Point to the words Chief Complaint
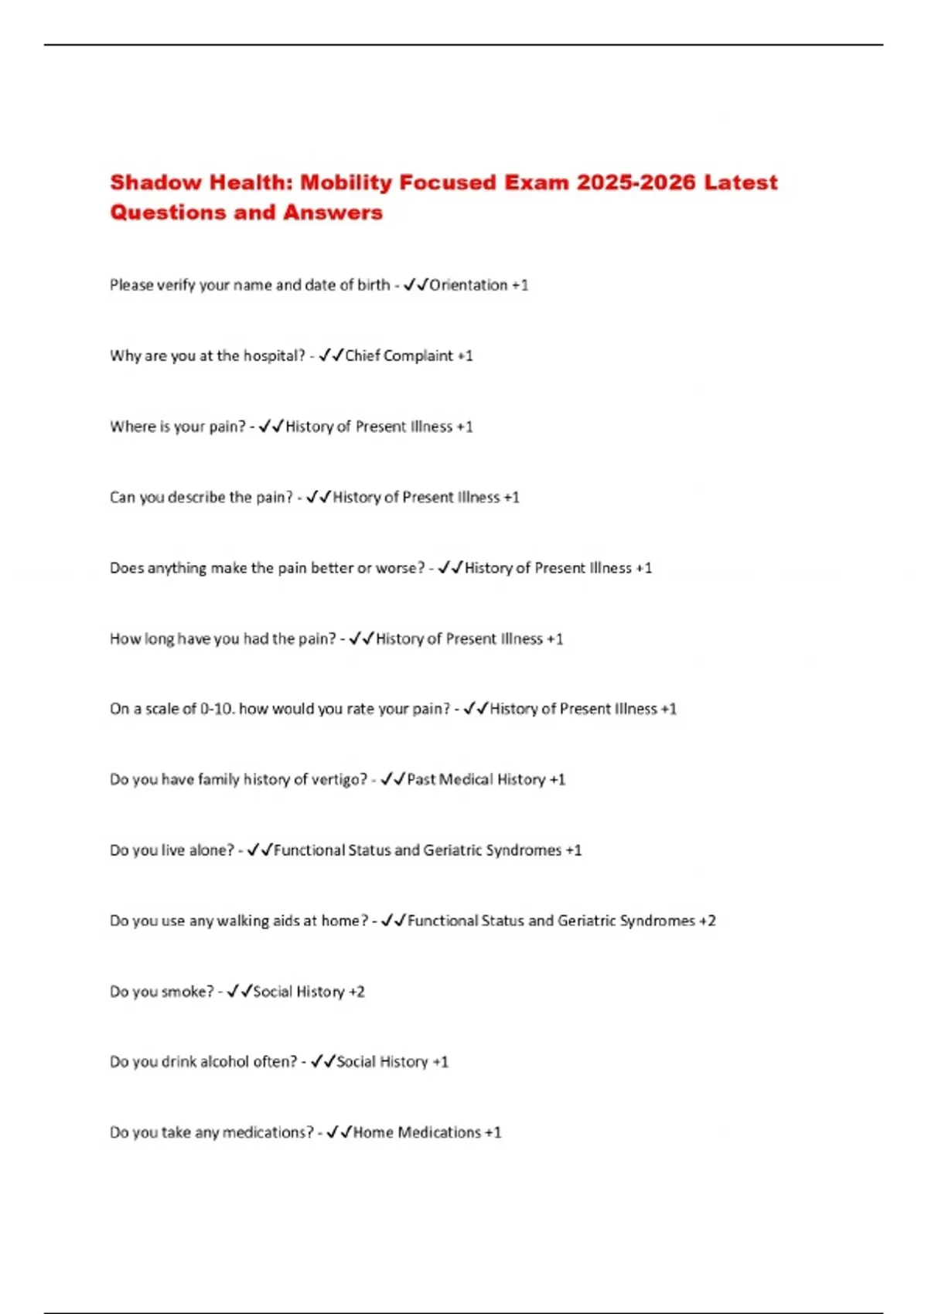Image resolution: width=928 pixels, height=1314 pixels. (x=399, y=356)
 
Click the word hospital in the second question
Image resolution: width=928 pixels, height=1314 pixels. (x=275, y=356)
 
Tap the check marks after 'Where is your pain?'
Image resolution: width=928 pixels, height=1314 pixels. (x=271, y=427)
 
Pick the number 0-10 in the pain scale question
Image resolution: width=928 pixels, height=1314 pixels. (x=217, y=710)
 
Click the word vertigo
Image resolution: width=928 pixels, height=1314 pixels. (x=340, y=780)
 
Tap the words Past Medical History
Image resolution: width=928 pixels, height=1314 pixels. (x=476, y=780)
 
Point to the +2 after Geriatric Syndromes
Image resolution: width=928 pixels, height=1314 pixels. (x=707, y=921)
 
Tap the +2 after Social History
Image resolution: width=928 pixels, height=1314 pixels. (x=356, y=992)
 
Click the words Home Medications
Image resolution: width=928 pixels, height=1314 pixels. (x=417, y=1133)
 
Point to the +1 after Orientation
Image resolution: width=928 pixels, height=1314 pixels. (x=520, y=285)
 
